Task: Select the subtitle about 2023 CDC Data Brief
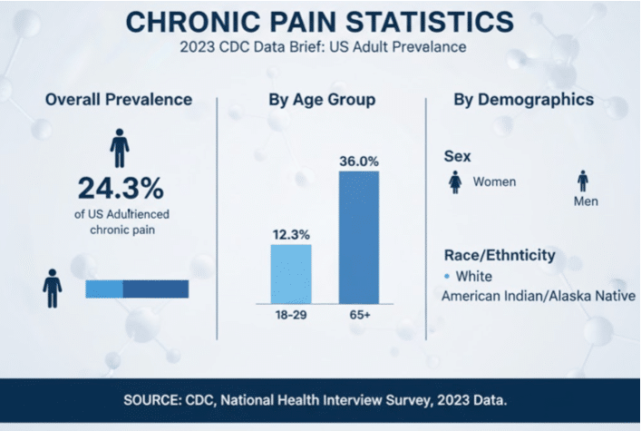[320, 46]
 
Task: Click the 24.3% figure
[120, 189]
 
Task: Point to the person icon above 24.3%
[120, 147]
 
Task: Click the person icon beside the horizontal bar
[53, 289]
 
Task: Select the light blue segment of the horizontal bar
[103, 289]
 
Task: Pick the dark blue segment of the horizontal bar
[155, 289]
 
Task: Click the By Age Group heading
[322, 100]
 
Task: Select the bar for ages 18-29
[291, 274]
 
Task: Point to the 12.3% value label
[291, 234]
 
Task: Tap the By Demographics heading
[524, 100]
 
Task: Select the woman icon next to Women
[456, 182]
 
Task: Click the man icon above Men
[582, 181]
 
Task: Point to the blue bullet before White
[447, 276]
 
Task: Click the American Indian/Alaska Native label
[538, 296]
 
